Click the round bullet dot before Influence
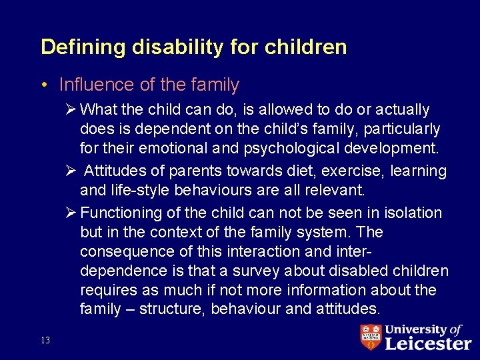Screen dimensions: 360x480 (x=43, y=85)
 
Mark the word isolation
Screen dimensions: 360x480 (x=412, y=213)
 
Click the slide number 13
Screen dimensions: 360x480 (x=45, y=341)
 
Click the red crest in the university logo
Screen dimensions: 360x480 (x=371, y=337)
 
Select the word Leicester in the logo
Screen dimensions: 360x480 (x=427, y=343)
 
